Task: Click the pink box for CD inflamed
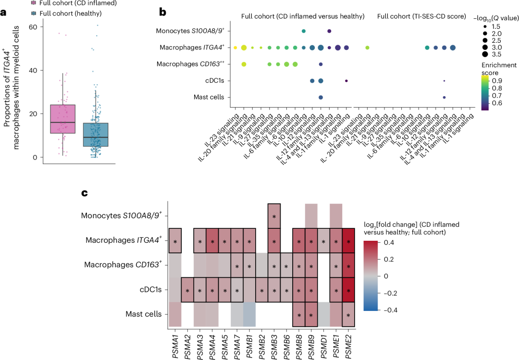62,119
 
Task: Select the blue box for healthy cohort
96,135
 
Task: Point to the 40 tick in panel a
33,71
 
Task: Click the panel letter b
162,12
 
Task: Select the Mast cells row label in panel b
209,98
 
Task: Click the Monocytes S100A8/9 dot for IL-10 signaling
304,31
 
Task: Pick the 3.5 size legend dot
485,54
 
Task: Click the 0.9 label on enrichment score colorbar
497,81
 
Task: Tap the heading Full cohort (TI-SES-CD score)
421,16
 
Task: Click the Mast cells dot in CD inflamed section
321,98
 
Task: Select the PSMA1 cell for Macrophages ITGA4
175,241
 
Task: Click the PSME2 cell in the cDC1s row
348,290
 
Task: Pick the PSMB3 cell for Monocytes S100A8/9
274,216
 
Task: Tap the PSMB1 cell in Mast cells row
249,314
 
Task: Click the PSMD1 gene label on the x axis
324,346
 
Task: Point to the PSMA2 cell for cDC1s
187,290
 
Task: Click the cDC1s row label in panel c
150,290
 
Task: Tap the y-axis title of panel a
11,87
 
